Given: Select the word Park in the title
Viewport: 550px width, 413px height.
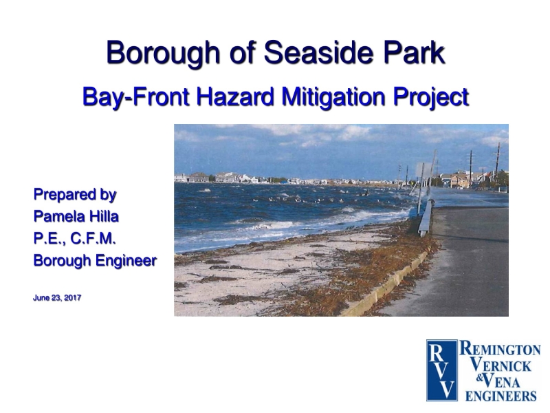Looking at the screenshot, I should click(x=408, y=53).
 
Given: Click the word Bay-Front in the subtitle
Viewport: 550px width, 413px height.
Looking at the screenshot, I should click(x=135, y=96).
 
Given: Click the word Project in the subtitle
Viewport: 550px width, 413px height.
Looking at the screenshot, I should click(x=431, y=96).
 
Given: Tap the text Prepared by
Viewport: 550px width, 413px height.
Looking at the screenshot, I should click(x=75, y=195).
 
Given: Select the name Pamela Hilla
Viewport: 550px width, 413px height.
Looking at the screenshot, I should click(x=76, y=217).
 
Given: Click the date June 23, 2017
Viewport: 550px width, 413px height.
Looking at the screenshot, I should click(x=57, y=298).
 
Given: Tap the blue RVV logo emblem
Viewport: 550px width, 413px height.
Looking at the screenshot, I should click(x=441, y=370).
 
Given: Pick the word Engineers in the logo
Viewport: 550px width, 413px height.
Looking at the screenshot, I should click(x=501, y=396).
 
